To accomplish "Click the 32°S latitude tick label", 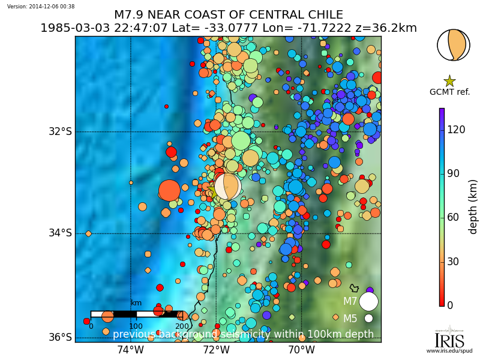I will click(60, 131).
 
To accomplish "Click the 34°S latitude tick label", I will click(60, 233).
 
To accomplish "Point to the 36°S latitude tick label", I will click(60, 337).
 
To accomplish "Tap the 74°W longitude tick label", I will click(131, 350).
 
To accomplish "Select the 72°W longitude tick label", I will click(216, 350).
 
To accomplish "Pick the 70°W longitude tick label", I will click(301, 350).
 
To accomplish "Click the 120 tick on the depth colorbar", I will click(457, 129).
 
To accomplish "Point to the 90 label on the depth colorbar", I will click(454, 173).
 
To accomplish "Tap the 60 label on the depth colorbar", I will click(454, 217).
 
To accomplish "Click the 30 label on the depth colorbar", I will click(454, 261).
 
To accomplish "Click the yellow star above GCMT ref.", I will click(449, 81).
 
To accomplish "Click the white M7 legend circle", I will click(368, 301).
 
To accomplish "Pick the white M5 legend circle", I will click(368, 319).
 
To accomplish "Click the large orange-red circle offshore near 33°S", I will click(169, 190).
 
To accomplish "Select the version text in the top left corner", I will click(41, 6).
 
